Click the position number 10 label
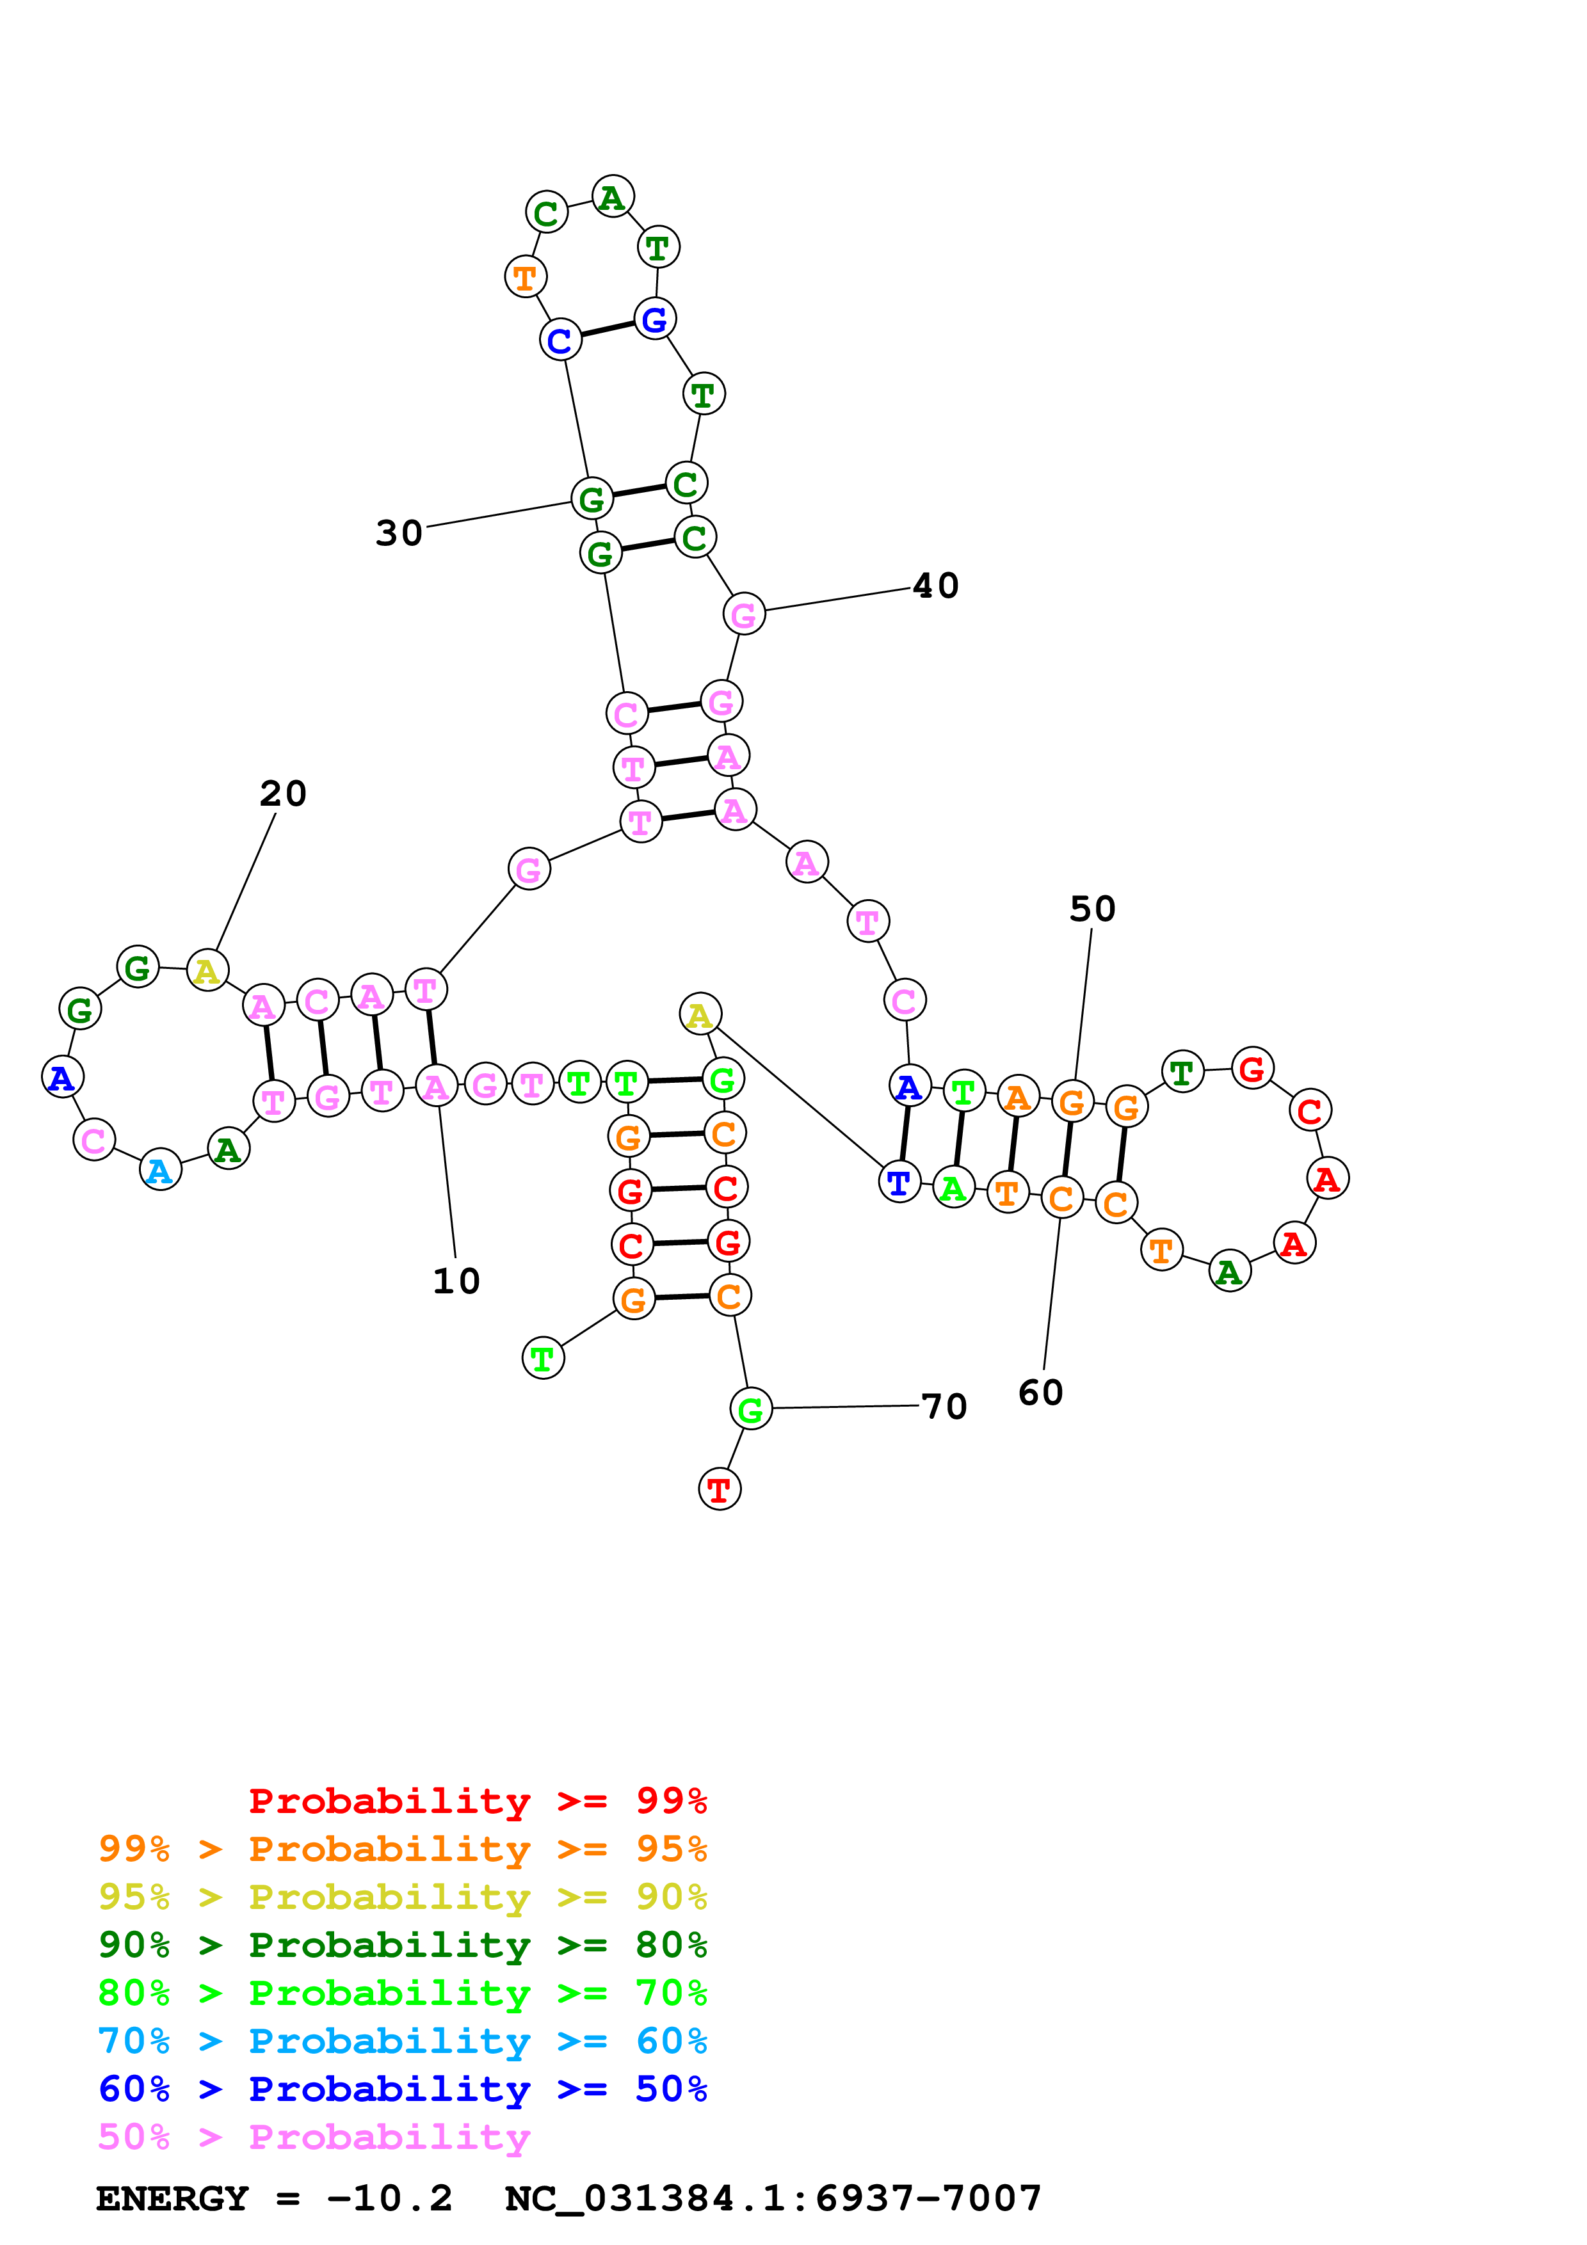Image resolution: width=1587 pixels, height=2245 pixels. pos(456,1281)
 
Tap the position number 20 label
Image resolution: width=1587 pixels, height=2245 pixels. pos(282,793)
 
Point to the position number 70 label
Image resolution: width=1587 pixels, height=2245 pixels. pos(944,1406)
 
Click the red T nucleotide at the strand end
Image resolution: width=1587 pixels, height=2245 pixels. pos(719,1489)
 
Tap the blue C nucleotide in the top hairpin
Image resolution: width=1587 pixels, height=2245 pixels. pos(560,340)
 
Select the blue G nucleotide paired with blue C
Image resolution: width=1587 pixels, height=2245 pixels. pos(654,319)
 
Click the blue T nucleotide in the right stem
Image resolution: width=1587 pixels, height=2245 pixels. pos(899,1182)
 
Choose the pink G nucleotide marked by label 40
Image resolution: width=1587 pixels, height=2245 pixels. pos(743,614)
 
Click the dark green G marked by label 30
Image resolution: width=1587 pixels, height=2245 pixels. pos(592,499)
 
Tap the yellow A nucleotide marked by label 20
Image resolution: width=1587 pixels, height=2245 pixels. pos(206,971)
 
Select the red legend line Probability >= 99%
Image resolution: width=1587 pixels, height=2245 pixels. pos(477,1800)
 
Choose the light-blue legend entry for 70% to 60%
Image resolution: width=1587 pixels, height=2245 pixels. pos(402,2041)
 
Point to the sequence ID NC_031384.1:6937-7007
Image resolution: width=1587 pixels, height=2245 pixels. pos(773,2199)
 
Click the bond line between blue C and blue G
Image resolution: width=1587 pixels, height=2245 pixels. pos(608,330)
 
